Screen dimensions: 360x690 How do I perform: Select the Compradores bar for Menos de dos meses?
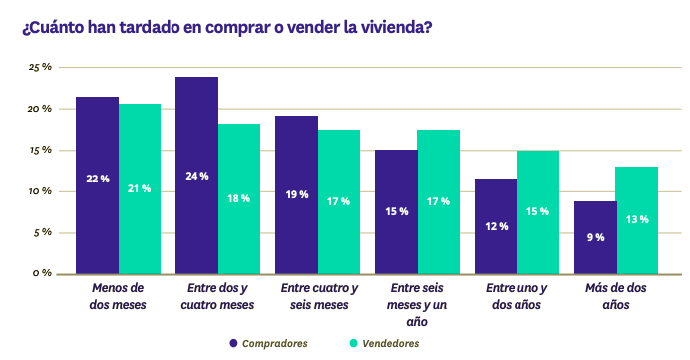(x=98, y=184)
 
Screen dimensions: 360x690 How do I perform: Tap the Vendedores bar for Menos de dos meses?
(x=140, y=188)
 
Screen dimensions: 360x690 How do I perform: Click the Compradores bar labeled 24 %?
(x=196, y=175)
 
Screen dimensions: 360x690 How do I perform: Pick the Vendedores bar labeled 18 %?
(x=239, y=198)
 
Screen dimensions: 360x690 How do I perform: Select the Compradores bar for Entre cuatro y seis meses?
(x=296, y=194)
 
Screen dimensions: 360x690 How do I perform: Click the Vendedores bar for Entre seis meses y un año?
(x=439, y=201)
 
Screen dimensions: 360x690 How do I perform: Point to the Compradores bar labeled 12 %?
(x=496, y=226)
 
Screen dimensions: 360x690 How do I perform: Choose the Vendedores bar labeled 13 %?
(x=637, y=219)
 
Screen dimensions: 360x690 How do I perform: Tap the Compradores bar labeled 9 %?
(x=595, y=237)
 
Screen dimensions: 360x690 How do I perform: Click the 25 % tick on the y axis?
(x=40, y=67)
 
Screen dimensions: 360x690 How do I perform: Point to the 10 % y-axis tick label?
(x=40, y=191)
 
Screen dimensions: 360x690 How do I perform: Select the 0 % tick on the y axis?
(x=43, y=273)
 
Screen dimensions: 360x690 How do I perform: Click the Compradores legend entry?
(x=267, y=343)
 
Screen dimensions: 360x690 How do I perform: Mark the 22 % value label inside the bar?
(x=98, y=179)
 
